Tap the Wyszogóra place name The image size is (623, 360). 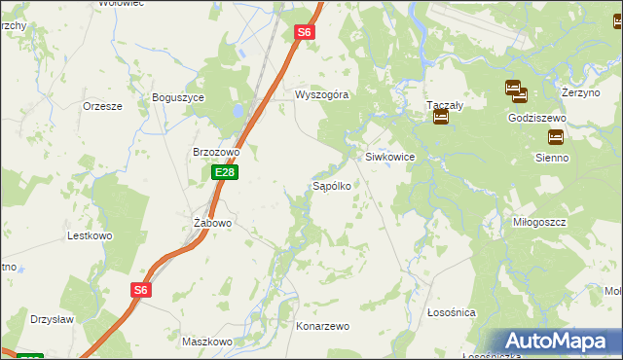pos(322,95)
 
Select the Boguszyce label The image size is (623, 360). pos(177,97)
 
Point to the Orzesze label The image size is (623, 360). pos(102,106)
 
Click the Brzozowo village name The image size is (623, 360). pos(216,152)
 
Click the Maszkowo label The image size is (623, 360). pos(206,342)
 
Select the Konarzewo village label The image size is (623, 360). pos(323,327)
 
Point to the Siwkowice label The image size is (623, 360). pos(390,156)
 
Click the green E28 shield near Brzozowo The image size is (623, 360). pos(225,172)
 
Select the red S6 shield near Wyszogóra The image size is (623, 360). pos(305,32)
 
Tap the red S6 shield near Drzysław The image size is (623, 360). pos(142,290)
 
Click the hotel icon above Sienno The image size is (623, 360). pos(556,137)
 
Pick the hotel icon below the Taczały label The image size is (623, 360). pos(441,118)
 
